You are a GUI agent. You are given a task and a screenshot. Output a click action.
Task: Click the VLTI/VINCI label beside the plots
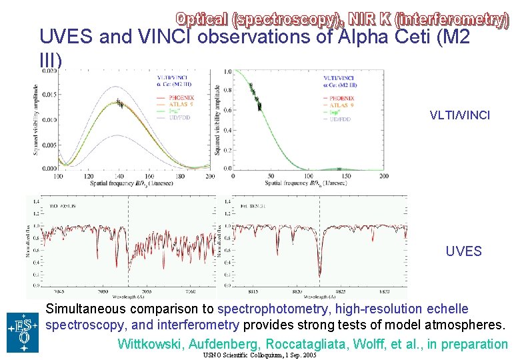point(459,115)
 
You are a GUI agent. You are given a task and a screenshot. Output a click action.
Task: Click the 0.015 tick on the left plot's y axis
point(49,95)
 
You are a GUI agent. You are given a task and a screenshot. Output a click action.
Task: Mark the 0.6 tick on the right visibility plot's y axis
point(227,111)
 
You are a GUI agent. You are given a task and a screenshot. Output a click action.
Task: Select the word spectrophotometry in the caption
point(273,309)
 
